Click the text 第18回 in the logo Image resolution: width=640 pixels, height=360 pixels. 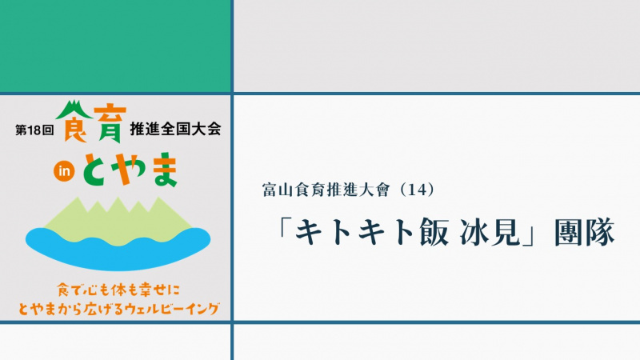[x=34, y=130]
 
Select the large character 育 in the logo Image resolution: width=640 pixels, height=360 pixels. [x=107, y=122]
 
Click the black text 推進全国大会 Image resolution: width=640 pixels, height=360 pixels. [x=175, y=129]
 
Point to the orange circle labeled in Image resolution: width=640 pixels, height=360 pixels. [x=64, y=171]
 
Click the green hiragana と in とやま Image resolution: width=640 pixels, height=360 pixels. [x=96, y=170]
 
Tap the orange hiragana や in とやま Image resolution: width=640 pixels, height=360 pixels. [x=130, y=169]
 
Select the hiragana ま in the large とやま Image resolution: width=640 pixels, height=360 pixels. [x=164, y=170]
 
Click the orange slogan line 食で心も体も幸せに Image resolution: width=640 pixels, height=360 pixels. [x=118, y=290]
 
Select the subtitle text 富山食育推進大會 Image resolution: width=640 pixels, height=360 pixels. [x=326, y=190]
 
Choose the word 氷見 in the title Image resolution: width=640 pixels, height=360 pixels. [x=490, y=232]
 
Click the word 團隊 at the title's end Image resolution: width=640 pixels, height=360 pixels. [x=585, y=232]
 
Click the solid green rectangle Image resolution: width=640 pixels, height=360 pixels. [x=115, y=46]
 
